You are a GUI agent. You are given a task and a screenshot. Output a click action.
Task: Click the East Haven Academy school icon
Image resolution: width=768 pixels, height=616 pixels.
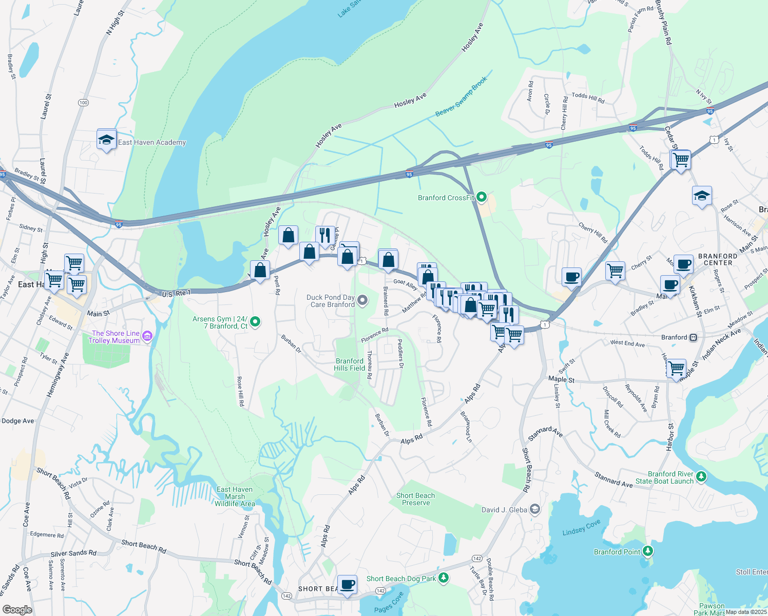coord(106,140)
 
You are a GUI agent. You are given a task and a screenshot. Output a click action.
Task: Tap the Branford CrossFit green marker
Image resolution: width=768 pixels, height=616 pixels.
coord(482,197)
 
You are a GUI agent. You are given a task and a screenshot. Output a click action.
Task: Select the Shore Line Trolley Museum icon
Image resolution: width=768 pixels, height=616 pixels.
coord(147,336)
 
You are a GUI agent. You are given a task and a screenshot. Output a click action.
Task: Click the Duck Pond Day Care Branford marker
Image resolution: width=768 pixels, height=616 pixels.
coord(362,300)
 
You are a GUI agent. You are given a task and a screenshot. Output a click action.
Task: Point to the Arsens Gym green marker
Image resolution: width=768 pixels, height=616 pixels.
coord(255,322)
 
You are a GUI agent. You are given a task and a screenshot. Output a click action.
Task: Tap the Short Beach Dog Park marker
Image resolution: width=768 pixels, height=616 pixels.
coord(444,578)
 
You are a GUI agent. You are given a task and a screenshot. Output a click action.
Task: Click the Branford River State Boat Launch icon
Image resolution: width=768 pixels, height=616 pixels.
coord(701,477)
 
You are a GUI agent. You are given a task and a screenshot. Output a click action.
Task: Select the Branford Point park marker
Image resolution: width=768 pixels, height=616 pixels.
coord(648,551)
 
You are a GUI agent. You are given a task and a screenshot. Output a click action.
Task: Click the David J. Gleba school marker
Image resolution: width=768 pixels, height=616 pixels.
coord(535,509)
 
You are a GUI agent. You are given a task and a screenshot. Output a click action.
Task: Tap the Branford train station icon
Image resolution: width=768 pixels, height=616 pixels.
coord(694,337)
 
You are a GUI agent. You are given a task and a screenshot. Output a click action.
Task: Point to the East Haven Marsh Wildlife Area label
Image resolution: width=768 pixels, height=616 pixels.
coord(235,496)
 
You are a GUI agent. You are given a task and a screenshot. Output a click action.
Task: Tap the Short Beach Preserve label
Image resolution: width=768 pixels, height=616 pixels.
coord(415,499)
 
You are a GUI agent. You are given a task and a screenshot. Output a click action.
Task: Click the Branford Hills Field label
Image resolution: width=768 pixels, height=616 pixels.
coord(350,364)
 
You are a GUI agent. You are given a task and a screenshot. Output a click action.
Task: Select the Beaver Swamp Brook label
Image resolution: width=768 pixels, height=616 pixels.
coord(461,97)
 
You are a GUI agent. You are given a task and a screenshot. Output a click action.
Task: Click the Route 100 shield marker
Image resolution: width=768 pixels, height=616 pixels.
coord(83,103)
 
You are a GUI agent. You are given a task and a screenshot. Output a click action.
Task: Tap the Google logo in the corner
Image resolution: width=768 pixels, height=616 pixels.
coord(17,609)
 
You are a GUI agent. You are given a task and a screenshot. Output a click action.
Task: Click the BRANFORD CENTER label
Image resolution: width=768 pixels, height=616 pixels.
coord(718,259)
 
